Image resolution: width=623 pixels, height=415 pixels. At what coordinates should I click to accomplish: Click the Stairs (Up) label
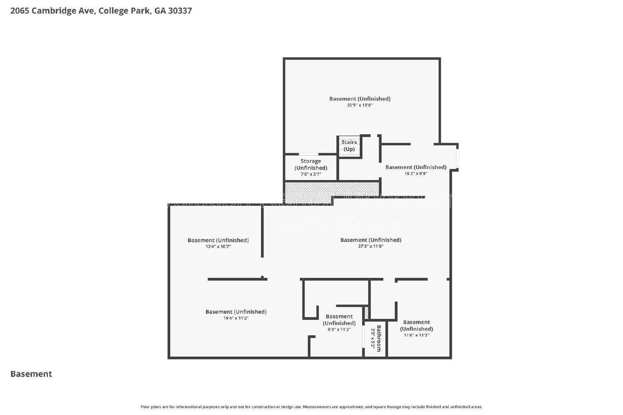point(349,146)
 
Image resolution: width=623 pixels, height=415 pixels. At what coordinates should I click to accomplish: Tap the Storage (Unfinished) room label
point(311,164)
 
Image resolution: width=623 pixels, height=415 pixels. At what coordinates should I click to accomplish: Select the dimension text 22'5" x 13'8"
point(360,105)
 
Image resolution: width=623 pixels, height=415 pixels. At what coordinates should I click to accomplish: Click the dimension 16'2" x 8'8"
point(415,173)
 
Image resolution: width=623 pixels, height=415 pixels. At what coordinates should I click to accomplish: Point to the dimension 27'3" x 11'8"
point(371,246)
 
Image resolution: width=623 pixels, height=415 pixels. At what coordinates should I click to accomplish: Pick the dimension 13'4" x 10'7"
point(218,247)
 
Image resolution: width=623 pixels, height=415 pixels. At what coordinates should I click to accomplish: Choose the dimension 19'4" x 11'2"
point(236,318)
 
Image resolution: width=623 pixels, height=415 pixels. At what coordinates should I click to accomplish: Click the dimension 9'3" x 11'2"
point(339,329)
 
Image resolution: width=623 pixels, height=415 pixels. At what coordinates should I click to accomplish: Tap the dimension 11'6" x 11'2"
point(416,335)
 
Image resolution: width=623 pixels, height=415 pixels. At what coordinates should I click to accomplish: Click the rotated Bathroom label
point(379,338)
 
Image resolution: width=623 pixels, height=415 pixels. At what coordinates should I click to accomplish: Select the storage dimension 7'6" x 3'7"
point(310,174)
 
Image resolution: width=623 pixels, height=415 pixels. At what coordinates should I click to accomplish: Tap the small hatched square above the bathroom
point(366,313)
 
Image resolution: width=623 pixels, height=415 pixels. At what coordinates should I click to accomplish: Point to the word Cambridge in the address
point(62,11)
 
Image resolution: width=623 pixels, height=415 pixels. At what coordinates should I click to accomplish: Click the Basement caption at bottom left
point(31,374)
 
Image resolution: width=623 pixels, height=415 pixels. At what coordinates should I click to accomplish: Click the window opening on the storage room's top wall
point(308,154)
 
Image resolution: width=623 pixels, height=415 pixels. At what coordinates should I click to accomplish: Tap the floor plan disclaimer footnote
point(311,407)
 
